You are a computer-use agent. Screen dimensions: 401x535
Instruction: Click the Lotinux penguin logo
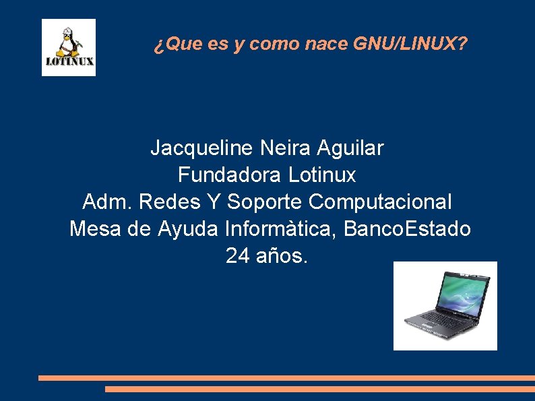[68, 47]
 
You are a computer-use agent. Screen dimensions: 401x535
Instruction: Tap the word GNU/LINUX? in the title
[410, 44]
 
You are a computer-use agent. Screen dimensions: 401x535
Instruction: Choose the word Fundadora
[230, 175]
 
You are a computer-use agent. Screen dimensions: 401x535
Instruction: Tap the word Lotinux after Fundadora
[322, 175]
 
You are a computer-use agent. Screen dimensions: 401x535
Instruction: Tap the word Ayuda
[188, 229]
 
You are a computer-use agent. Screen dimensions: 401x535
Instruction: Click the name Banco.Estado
[407, 229]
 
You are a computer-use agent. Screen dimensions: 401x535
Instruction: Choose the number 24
[237, 256]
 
